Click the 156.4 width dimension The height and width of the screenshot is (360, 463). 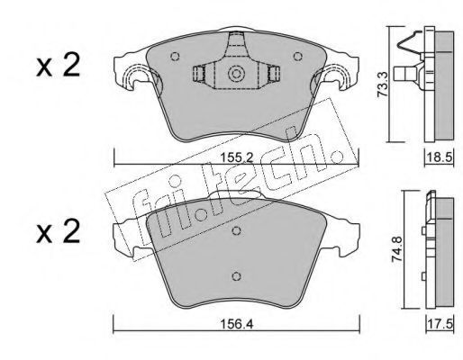[x=237, y=324]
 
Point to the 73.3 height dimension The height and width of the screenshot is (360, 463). [x=383, y=85]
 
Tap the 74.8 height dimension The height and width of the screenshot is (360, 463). [x=397, y=249]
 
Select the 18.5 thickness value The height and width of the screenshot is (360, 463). [x=440, y=157]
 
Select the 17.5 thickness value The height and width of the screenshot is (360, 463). [x=440, y=324]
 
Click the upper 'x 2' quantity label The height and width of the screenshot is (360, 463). [x=59, y=65]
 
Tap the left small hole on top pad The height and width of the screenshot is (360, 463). [x=175, y=56]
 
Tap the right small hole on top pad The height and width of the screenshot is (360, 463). [x=297, y=56]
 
